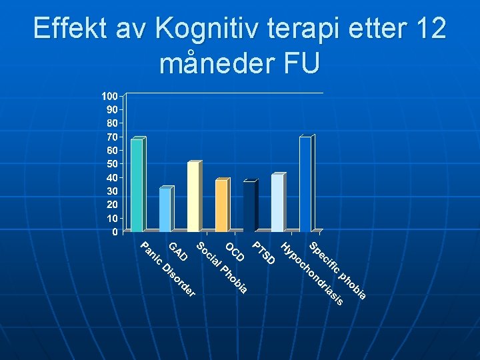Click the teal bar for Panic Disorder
point(137,186)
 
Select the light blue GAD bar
point(165,210)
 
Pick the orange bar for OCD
point(221,206)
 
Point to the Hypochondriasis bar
point(277,203)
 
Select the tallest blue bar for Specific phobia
point(305,185)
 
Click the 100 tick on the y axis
point(109,96)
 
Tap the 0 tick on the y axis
point(115,232)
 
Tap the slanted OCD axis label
point(235,252)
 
